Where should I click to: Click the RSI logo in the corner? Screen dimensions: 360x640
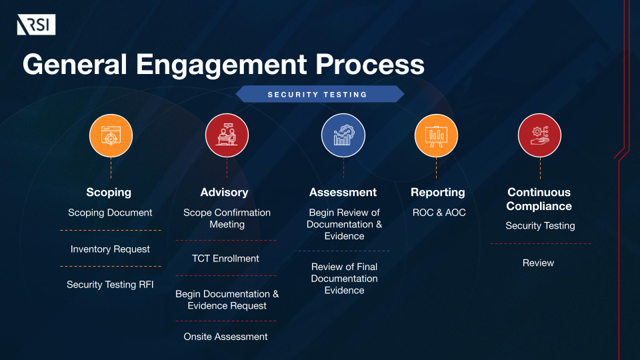click(x=36, y=25)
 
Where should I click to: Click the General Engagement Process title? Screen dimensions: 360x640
click(x=223, y=65)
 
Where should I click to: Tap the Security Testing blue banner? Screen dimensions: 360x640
click(x=318, y=94)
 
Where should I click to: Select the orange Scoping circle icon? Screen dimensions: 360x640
click(x=111, y=135)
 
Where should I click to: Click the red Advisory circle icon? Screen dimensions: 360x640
click(x=227, y=135)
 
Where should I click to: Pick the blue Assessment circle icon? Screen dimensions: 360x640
click(x=343, y=135)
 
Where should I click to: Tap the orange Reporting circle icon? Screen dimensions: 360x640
click(x=437, y=135)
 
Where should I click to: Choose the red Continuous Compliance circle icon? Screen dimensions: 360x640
click(x=539, y=135)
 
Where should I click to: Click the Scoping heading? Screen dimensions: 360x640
click(x=109, y=192)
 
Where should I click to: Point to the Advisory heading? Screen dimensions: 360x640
click(x=224, y=192)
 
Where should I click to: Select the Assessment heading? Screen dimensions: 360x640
click(x=343, y=192)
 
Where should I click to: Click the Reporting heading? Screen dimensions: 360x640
click(x=437, y=192)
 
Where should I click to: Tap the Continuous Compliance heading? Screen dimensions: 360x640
click(x=539, y=199)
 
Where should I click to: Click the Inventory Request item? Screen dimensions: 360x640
click(x=110, y=249)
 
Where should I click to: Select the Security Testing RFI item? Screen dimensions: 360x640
click(x=110, y=285)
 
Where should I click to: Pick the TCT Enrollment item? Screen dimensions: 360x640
click(x=226, y=259)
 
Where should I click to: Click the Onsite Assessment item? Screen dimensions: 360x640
click(x=225, y=337)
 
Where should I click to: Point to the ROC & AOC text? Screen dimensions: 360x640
click(x=439, y=213)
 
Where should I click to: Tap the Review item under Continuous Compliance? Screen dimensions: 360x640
click(x=538, y=263)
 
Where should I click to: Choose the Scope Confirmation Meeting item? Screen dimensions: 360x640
click(x=227, y=219)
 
